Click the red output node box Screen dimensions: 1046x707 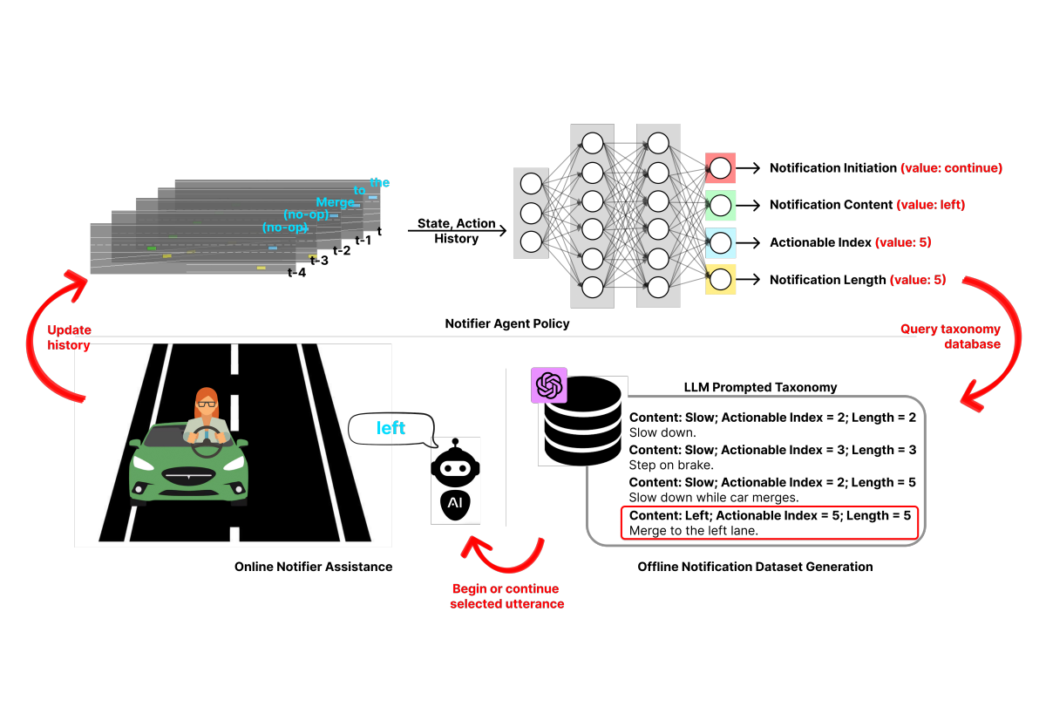(x=720, y=168)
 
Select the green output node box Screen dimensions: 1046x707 (x=720, y=205)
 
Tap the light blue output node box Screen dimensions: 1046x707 (x=720, y=243)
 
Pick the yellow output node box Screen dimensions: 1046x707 (x=720, y=280)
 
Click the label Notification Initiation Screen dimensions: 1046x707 (x=833, y=168)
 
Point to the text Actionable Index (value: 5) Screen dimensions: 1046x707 (x=851, y=242)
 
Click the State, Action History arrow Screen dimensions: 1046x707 (x=457, y=230)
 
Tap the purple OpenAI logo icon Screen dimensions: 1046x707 (x=549, y=385)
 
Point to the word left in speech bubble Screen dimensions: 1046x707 (x=391, y=428)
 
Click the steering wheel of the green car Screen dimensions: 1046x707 (x=207, y=442)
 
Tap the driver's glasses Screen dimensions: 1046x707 (x=207, y=404)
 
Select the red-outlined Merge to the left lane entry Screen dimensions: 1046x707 (x=770, y=523)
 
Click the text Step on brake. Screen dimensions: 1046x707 (x=671, y=466)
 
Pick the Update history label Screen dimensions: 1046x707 (x=69, y=337)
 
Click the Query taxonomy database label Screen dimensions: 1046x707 (x=950, y=337)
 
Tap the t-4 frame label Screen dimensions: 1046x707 (x=296, y=273)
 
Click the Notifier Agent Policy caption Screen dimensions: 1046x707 (x=507, y=323)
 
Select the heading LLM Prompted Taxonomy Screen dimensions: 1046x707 (x=760, y=387)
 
